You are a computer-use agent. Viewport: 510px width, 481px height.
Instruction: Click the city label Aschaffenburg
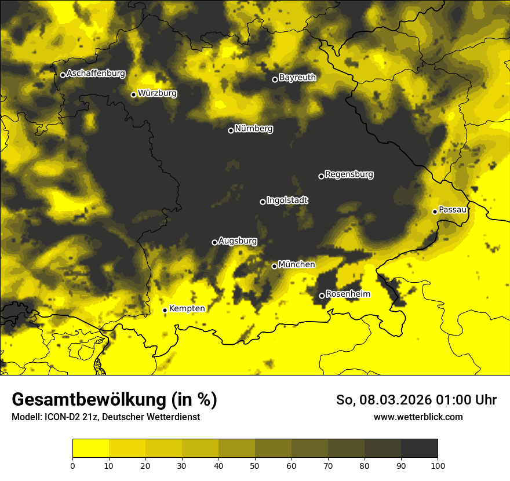[96, 74]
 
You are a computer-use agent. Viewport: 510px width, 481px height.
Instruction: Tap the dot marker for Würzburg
[133, 94]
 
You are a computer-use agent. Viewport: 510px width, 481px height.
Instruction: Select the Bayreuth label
[297, 78]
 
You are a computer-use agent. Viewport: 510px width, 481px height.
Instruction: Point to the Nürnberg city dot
[231, 130]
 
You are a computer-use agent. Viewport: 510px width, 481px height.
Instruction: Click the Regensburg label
[349, 174]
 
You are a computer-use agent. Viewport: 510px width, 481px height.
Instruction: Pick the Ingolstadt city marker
[263, 202]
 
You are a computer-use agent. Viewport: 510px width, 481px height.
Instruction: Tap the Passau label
[453, 210]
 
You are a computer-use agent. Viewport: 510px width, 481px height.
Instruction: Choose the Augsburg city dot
[214, 242]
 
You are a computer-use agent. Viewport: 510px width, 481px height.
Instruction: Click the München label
[297, 265]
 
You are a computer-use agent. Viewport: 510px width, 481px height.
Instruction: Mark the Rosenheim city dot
[322, 296]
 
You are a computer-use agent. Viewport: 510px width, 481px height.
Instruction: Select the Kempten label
[187, 309]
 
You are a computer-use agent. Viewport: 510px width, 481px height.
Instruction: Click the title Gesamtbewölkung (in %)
[114, 400]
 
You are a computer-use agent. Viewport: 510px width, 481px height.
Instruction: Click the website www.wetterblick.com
[418, 417]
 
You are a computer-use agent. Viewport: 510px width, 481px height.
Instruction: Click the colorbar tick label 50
[255, 465]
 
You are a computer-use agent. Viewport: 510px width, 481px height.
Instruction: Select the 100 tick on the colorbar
[438, 465]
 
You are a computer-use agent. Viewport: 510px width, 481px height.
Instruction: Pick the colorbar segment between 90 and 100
[419, 449]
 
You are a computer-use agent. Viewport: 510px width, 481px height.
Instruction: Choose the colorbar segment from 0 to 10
[90, 449]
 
